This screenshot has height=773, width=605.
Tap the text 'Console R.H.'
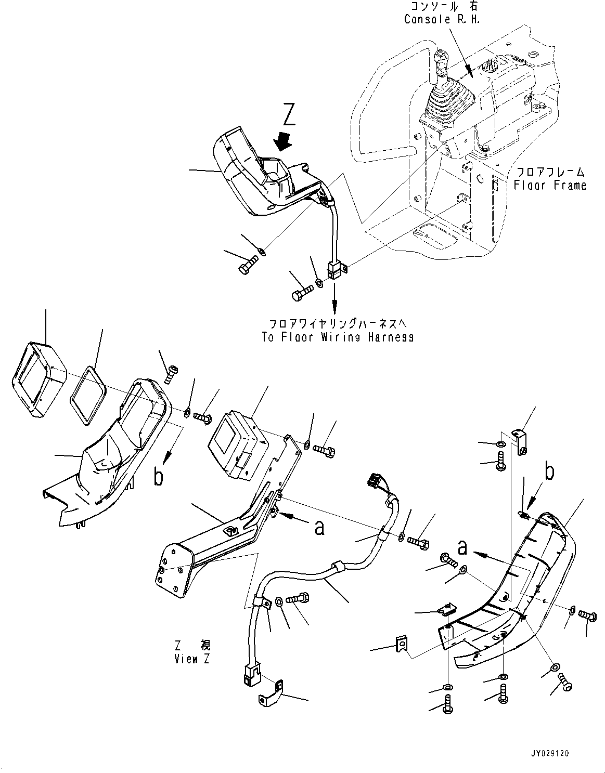[442, 20]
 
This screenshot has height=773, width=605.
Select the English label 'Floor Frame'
[550, 185]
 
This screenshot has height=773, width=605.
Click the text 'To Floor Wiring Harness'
[338, 336]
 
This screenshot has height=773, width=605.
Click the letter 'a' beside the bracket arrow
[320, 527]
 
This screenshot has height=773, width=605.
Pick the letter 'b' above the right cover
[548, 471]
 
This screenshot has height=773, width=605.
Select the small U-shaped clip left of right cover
[402, 645]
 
